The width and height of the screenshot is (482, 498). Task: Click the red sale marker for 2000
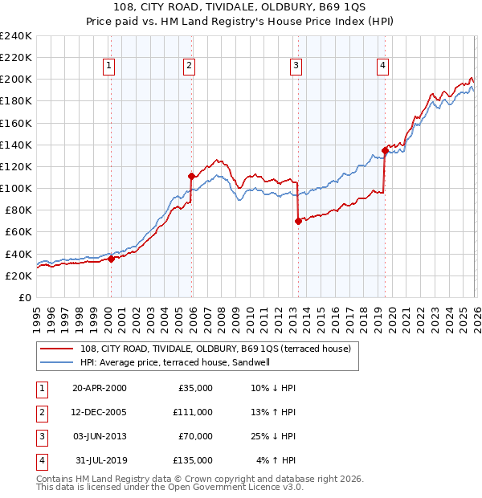pyautogui.click(x=111, y=259)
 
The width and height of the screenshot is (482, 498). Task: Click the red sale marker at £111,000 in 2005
pyautogui.click(x=191, y=176)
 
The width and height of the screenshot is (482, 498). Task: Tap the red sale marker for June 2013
pyautogui.click(x=298, y=221)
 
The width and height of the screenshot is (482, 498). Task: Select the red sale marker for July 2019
pyautogui.click(x=385, y=150)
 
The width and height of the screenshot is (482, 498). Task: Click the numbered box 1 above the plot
pyautogui.click(x=108, y=66)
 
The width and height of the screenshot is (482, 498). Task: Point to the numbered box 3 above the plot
pyautogui.click(x=296, y=66)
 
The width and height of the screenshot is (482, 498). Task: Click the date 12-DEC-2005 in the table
pyautogui.click(x=99, y=412)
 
